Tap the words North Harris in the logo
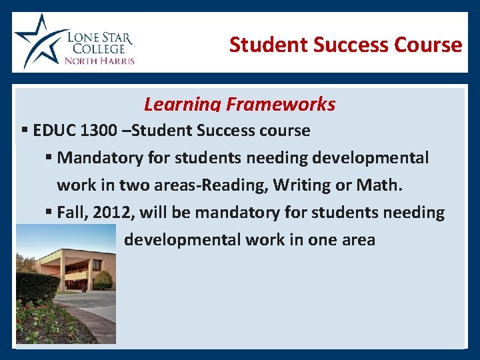[x=99, y=60]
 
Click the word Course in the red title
[x=428, y=45]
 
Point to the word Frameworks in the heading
[x=281, y=105]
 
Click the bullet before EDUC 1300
[x=25, y=131]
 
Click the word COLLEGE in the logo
[x=97, y=48]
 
